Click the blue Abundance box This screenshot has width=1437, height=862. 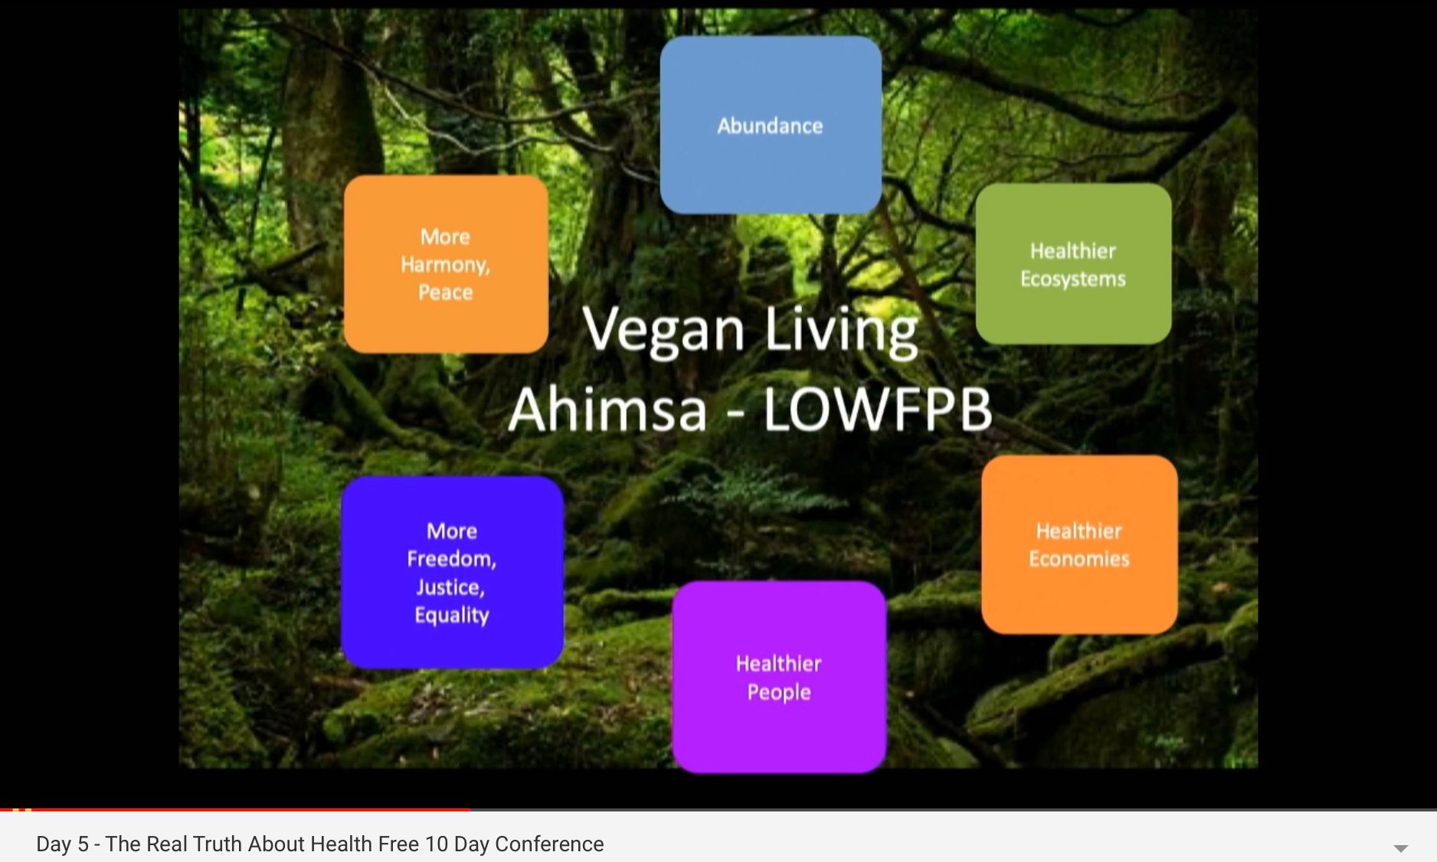click(771, 125)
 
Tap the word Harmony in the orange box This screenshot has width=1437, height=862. click(445, 265)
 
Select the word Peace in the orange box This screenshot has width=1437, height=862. click(445, 292)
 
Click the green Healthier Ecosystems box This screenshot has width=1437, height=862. click(1073, 263)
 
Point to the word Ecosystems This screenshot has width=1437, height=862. click(1073, 279)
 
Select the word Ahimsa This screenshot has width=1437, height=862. click(607, 409)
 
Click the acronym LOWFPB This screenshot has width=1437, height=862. click(878, 409)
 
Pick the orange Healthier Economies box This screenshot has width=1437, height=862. click(1079, 544)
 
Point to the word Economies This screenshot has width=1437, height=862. click(1079, 559)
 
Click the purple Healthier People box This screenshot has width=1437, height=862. click(779, 677)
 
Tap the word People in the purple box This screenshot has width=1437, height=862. click(779, 692)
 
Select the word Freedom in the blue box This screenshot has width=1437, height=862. click(452, 559)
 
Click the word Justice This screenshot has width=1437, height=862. click(450, 587)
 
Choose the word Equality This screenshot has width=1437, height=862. click(452, 615)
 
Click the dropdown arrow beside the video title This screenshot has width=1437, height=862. click(1400, 848)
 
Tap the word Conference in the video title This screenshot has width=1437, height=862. click(549, 844)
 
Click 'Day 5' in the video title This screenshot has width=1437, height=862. click(62, 844)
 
